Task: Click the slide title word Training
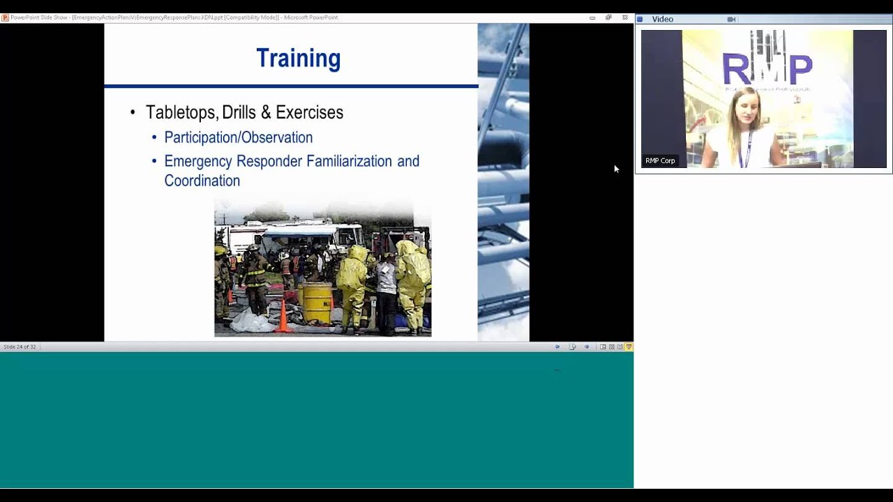298,59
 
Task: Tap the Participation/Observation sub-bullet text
238,137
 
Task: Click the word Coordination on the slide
202,181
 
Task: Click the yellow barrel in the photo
317,303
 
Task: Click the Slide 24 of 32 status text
20,347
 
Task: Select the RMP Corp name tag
660,161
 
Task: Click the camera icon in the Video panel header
731,20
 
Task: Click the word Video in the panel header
662,20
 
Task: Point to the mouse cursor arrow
616,168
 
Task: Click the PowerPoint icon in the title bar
5,17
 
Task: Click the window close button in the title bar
624,17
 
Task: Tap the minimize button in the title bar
592,17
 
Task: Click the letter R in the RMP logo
735,68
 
